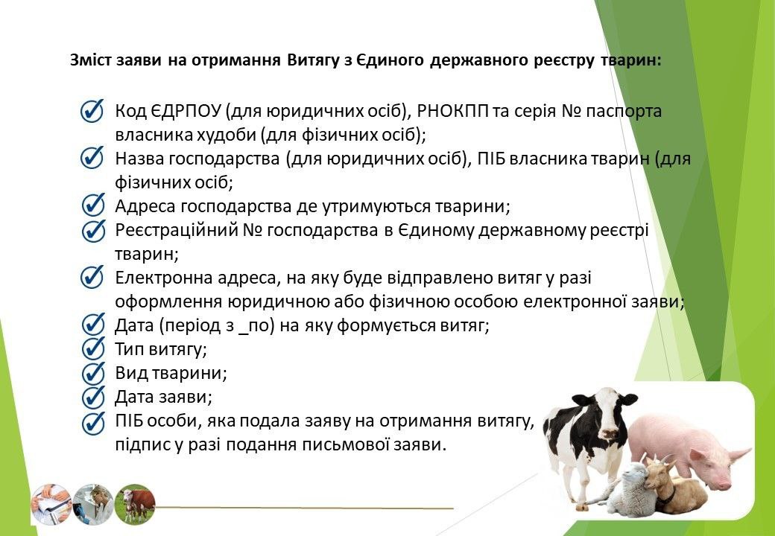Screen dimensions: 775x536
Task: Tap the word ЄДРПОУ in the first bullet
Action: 184,111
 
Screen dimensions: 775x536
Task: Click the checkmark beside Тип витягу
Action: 93,348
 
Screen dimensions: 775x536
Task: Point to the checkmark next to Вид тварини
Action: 93,373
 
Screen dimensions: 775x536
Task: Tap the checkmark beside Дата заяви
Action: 93,397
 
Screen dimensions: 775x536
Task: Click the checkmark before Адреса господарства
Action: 93,205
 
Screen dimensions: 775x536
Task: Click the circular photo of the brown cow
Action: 134,504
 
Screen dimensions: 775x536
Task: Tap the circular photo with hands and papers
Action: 51,504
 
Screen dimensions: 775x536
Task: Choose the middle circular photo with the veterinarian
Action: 93,504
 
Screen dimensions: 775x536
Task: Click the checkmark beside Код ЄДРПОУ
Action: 93,111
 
